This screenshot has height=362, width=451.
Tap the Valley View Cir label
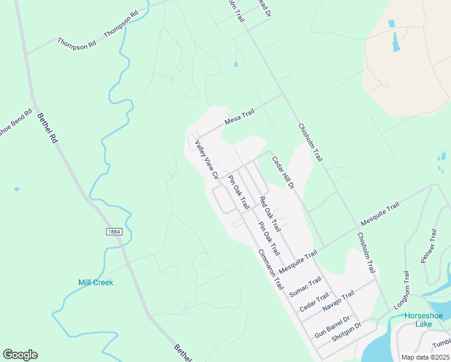[207, 160]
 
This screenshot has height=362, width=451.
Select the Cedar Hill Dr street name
[283, 173]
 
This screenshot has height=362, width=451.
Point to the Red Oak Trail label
[270, 214]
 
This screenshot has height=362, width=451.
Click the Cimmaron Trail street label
[271, 269]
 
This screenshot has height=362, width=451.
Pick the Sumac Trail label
[306, 287]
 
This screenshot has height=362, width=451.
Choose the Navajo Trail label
[339, 299]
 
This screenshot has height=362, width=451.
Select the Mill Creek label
[96, 282]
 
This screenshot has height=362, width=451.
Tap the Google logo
[20, 355]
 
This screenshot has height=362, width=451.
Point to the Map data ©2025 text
[425, 357]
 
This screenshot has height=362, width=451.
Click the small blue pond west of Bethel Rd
[16, 189]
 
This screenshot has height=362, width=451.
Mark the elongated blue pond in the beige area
[396, 42]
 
